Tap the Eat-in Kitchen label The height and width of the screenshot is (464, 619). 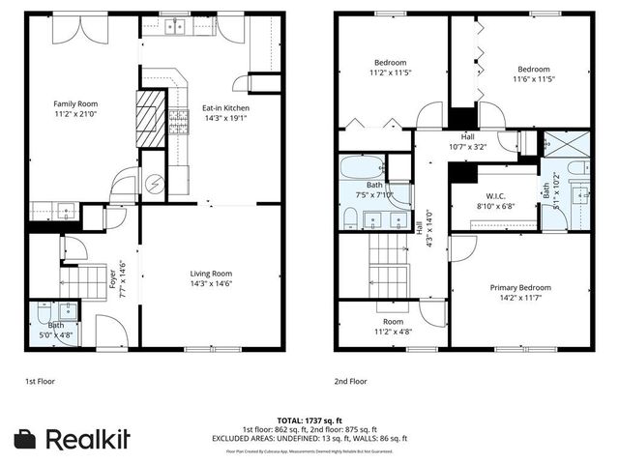pyautogui.click(x=225, y=107)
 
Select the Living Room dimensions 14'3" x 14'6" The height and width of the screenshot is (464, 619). pyautogui.click(x=210, y=284)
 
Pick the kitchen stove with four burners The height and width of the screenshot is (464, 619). pyautogui.click(x=179, y=120)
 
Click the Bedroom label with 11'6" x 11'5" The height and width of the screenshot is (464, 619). pyautogui.click(x=533, y=70)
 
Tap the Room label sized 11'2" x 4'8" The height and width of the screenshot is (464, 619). pyautogui.click(x=393, y=322)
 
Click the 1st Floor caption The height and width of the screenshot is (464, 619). pyautogui.click(x=40, y=382)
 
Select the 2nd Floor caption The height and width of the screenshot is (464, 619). pyautogui.click(x=352, y=382)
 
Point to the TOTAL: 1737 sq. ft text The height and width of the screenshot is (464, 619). pyautogui.click(x=309, y=420)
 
